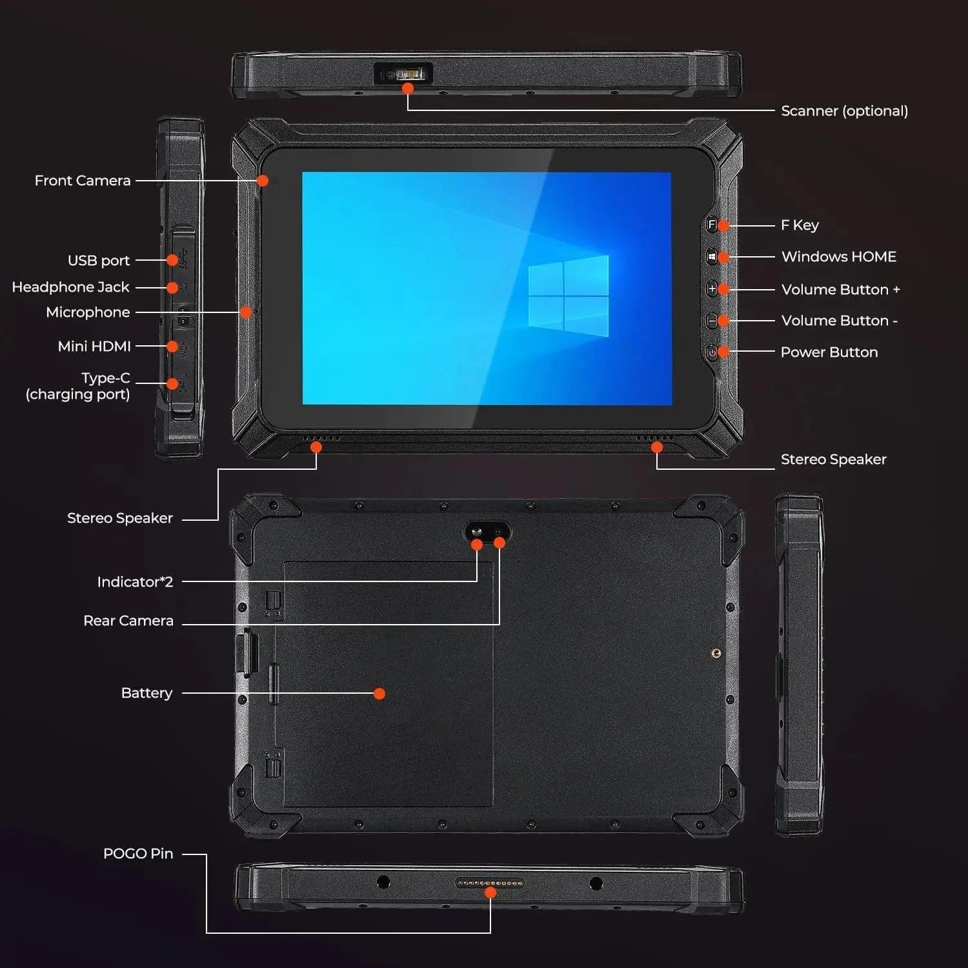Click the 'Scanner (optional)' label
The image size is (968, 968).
pos(844,111)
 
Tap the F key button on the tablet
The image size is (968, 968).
pos(711,225)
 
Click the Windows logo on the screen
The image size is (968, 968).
pos(569,296)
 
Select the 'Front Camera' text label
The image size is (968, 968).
pos(83,181)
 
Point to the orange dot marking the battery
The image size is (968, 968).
pos(379,694)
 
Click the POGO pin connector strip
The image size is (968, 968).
pos(490,882)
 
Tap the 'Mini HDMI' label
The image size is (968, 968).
pos(94,347)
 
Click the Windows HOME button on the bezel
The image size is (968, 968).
pos(711,257)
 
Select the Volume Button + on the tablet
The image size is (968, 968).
pos(711,288)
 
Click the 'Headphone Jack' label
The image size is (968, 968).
pos(70,287)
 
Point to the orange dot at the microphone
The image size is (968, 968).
pos(245,312)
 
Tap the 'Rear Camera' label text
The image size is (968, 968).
pos(128,621)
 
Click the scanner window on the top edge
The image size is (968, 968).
pos(403,73)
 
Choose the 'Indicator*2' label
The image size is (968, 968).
pos(135,582)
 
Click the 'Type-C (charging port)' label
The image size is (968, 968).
pos(78,386)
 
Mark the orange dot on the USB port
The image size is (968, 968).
pos(172,260)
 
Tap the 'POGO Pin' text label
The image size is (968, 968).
pos(138,854)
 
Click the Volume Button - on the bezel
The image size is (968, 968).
pos(711,321)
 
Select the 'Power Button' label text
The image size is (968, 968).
pos(829,352)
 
